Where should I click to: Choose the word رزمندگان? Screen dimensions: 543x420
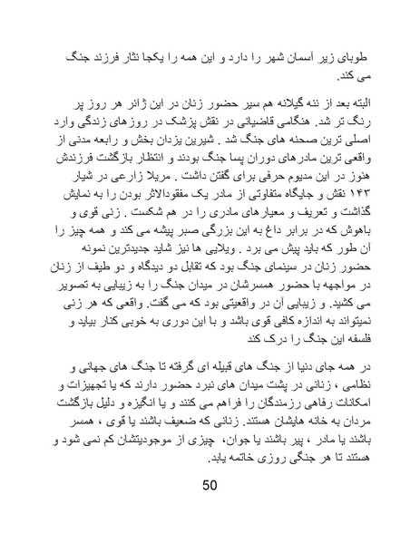272,403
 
